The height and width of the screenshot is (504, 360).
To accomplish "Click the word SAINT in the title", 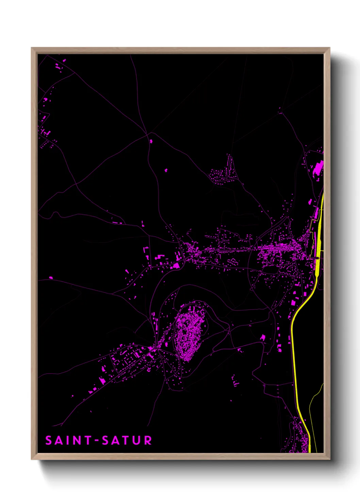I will (68, 440).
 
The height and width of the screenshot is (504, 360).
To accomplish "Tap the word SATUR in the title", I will (127, 440).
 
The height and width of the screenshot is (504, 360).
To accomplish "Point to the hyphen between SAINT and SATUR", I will (97, 440).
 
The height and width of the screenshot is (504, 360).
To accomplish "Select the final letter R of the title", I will (148, 440).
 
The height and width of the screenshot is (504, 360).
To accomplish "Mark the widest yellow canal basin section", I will (319, 238).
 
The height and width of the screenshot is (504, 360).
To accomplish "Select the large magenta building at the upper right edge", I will (318, 168).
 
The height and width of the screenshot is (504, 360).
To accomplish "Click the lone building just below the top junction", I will (151, 141).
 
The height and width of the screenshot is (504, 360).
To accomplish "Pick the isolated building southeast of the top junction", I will (166, 170).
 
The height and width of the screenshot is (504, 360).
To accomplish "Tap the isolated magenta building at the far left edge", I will (51, 278).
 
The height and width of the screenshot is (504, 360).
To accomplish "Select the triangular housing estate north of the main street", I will (225, 172).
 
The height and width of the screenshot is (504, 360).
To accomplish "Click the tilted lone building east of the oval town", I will (263, 337).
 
